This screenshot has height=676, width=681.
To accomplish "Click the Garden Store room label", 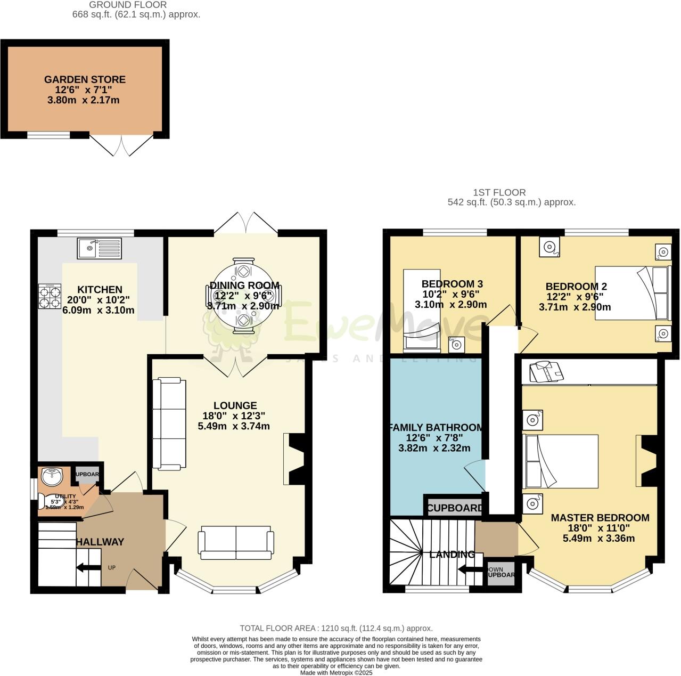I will coord(85,80).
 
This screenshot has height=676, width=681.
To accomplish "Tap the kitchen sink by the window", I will coord(100,248).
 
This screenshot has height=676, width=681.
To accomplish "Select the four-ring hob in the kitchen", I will coord(50,296).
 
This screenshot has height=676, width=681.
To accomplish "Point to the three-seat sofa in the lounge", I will coord(169,425).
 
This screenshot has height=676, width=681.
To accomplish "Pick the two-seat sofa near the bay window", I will coord(236,543).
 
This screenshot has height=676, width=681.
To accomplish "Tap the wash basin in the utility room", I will coord(51,477).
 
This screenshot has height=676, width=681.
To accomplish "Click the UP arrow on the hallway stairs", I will coord(88,568).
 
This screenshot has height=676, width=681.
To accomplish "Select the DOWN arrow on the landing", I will coord(471,569).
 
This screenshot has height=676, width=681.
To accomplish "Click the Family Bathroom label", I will coord(436,428).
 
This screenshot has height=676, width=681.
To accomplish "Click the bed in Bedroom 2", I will coord(631,292).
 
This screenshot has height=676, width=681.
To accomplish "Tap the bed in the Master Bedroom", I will coord(561,461).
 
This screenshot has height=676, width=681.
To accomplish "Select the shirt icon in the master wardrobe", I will coord(545,371).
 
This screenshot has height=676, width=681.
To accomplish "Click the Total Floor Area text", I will coord(336,629).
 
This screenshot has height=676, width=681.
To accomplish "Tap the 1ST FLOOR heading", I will coord(499,192).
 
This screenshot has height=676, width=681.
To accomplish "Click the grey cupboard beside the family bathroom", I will coord(455,508).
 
